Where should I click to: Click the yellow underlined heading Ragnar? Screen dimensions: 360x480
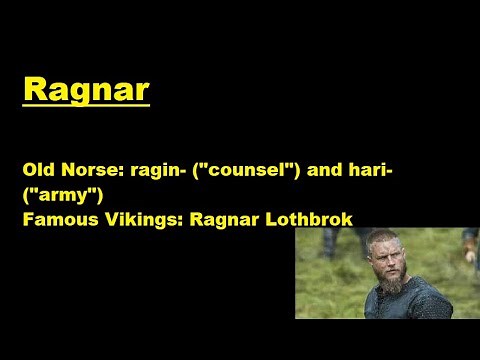86,88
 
